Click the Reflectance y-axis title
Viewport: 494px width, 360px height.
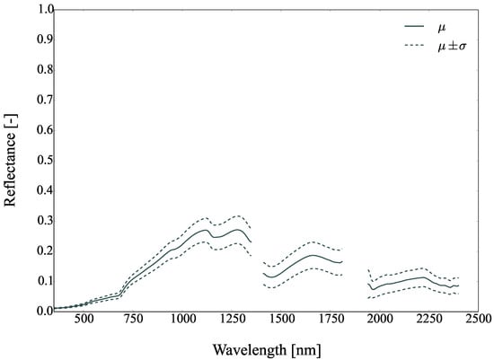(12, 160)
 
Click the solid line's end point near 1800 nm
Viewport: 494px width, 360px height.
(342, 261)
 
